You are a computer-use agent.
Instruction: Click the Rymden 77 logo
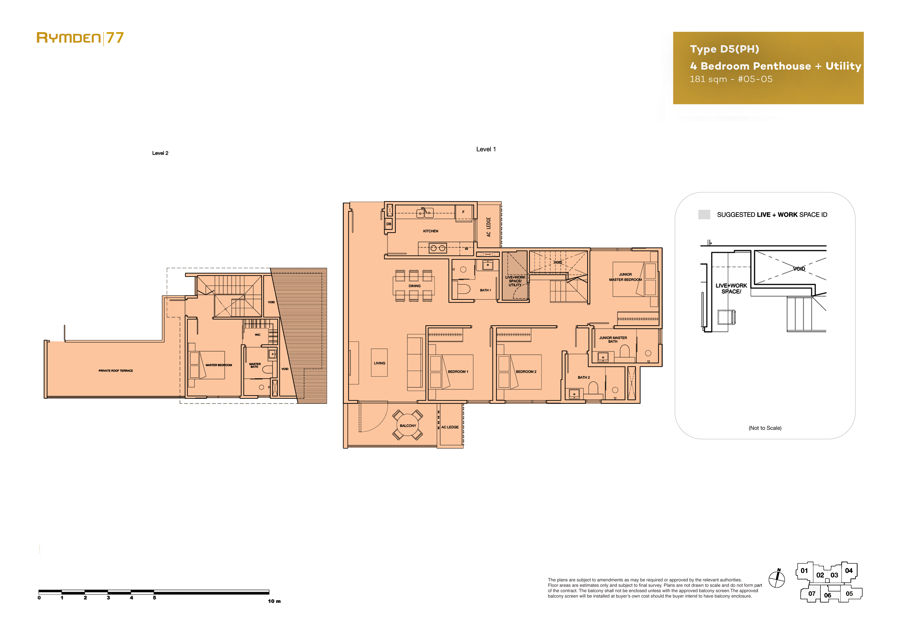(x=80, y=38)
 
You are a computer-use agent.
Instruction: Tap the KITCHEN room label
(x=431, y=231)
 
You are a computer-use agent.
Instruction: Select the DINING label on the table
(x=414, y=286)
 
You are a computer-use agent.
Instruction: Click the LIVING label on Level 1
(x=379, y=363)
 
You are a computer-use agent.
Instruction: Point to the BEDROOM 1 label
(x=458, y=372)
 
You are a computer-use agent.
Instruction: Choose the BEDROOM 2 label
(x=526, y=372)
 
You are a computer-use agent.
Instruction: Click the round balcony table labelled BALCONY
(x=408, y=425)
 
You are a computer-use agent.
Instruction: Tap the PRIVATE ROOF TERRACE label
(x=116, y=371)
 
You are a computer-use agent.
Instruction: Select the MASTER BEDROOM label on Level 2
(x=219, y=365)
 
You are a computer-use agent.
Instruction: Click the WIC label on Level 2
(x=258, y=335)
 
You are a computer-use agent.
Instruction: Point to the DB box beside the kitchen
(x=389, y=224)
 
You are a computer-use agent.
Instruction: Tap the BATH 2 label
(x=584, y=377)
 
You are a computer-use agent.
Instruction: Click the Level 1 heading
(x=486, y=149)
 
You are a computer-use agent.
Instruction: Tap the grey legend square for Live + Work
(x=704, y=214)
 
